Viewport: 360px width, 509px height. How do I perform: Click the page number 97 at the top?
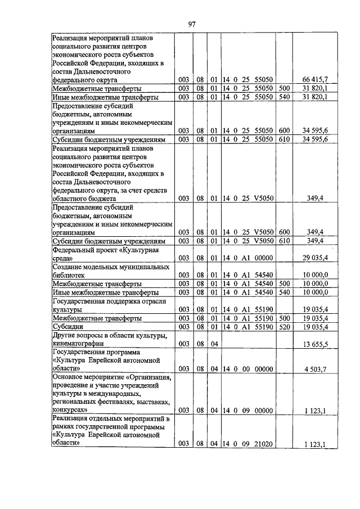point(191,23)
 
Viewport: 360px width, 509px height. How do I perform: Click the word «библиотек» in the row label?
point(68,276)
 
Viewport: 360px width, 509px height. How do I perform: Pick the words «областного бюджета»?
point(84,198)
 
